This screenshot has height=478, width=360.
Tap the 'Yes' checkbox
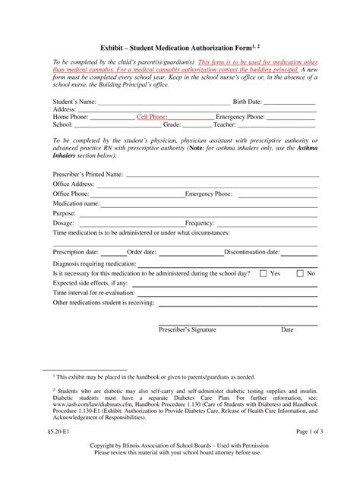264,272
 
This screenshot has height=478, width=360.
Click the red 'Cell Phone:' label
152,118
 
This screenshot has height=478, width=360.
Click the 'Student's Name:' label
74,101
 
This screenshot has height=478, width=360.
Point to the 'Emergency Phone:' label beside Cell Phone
241,118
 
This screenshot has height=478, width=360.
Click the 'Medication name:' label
76,203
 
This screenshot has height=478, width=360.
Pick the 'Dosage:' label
64,223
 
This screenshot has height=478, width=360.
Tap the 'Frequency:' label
200,223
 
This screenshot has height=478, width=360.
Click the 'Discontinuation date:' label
252,252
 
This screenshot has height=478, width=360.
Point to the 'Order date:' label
142,252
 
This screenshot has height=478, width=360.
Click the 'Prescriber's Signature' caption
187,330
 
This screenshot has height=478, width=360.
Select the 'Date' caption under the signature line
287,330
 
